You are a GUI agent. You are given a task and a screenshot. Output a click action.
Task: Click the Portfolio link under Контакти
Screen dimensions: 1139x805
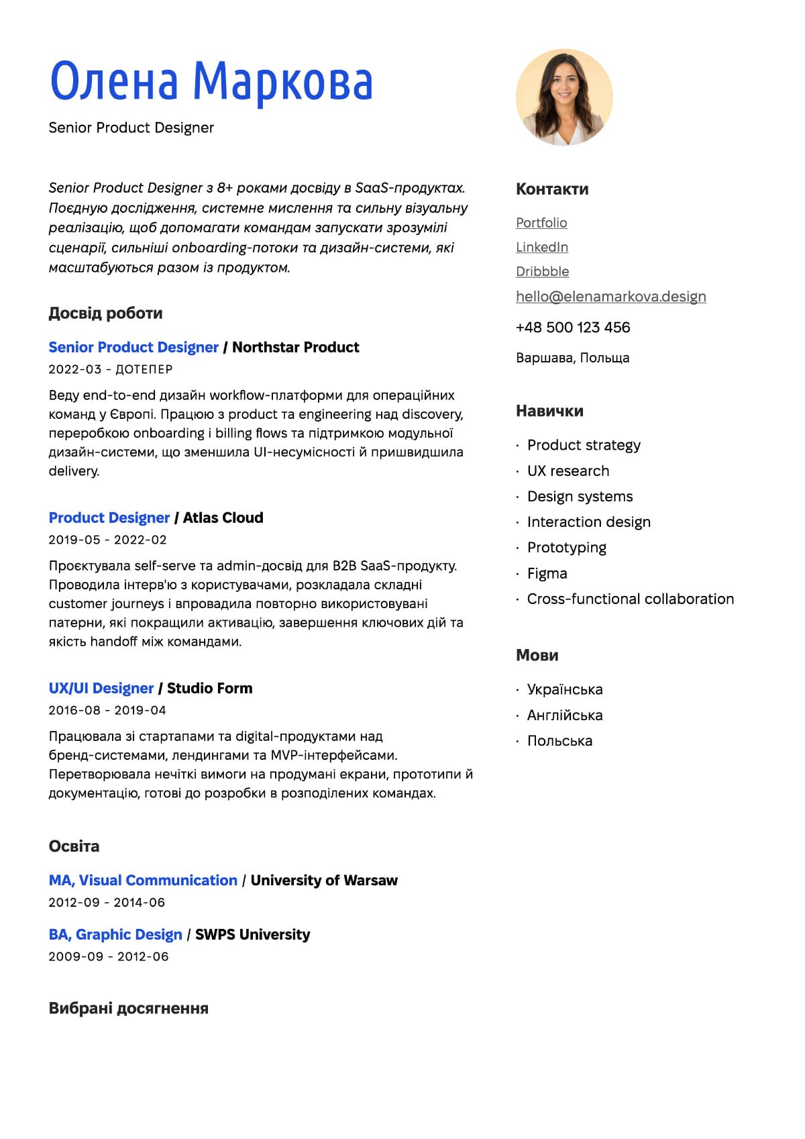click(x=541, y=223)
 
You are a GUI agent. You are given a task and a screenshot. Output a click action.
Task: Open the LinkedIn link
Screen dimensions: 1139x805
click(x=542, y=247)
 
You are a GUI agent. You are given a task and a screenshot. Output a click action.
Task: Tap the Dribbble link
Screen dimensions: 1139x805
click(x=542, y=272)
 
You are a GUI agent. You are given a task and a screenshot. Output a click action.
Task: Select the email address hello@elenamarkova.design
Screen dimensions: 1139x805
click(x=610, y=297)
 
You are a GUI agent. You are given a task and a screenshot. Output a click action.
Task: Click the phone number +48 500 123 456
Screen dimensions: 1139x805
click(x=573, y=328)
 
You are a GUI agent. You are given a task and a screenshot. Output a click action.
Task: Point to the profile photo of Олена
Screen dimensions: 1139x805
click(x=564, y=97)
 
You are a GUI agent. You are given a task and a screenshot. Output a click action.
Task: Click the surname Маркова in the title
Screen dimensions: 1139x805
click(x=282, y=82)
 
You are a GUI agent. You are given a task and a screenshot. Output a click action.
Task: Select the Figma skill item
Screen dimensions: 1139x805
click(x=547, y=574)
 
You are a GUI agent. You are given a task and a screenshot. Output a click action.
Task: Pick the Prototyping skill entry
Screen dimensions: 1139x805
click(x=566, y=548)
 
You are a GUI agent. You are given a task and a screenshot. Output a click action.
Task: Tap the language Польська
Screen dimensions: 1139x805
click(x=559, y=741)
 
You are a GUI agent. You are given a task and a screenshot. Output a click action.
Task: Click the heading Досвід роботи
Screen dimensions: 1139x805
click(x=105, y=313)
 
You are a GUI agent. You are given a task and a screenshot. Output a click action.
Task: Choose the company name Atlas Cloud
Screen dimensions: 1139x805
click(x=223, y=518)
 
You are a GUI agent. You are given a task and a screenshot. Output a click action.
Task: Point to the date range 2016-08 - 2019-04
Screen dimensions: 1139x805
click(x=107, y=710)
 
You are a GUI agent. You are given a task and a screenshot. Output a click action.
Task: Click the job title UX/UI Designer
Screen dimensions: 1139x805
click(x=101, y=689)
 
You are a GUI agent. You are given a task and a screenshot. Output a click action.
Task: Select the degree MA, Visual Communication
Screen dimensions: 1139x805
click(x=143, y=881)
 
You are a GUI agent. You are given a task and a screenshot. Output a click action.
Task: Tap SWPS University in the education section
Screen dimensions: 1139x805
click(x=252, y=935)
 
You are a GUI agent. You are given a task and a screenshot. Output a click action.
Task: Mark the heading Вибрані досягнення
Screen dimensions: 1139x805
click(x=128, y=1009)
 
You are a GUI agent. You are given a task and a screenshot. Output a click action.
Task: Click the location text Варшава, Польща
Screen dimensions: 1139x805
click(x=572, y=358)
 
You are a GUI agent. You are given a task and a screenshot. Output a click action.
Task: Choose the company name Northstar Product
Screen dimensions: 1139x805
click(x=295, y=348)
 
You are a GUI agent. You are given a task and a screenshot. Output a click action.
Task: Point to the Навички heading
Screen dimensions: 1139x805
click(x=549, y=411)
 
